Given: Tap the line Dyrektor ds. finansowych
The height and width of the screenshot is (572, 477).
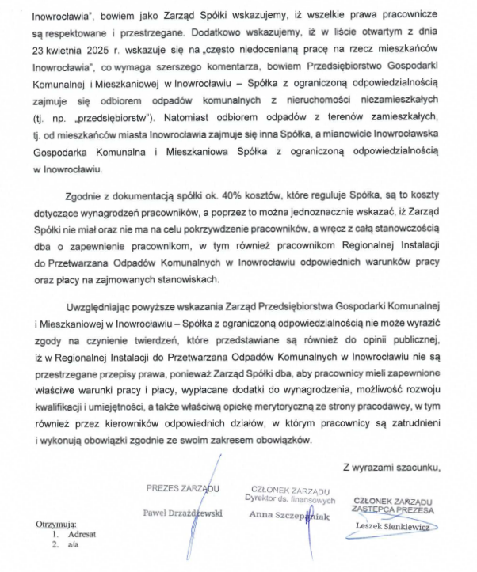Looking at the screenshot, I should [x=286, y=498].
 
